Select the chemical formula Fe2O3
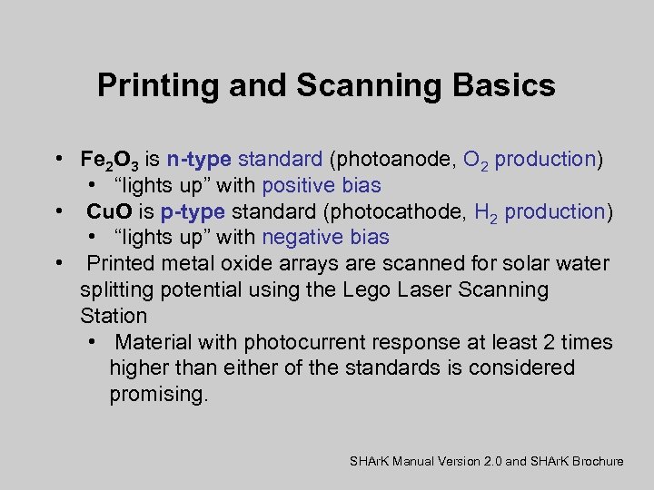109,161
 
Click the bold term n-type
199,160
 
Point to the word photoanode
396,160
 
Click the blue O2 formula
475,161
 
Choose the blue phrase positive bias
322,186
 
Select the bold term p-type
193,212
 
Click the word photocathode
402,212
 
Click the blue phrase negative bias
325,238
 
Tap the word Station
113,316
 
